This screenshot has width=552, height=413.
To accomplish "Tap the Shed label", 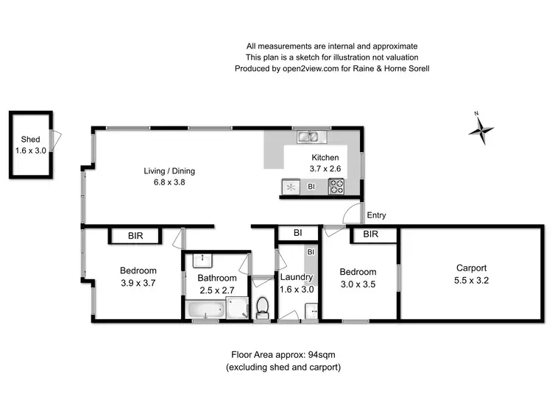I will tap(30, 140).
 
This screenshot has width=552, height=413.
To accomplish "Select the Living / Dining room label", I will tap(169, 171).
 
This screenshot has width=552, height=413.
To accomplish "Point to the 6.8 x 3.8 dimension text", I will tap(169, 183).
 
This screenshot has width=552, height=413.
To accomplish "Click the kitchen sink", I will tap(308, 136).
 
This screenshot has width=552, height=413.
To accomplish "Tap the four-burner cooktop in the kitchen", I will tap(336, 187).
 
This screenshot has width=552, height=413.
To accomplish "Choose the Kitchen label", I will tap(325, 157).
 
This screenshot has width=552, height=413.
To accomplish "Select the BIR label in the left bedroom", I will tap(135, 236).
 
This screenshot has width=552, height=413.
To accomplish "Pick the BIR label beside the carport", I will tap(370, 235).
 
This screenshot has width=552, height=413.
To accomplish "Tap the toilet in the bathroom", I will tap(263, 307).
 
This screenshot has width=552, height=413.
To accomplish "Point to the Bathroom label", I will tap(217, 278).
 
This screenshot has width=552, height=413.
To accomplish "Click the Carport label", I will tap(471, 268).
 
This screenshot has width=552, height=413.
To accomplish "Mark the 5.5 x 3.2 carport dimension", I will tap(471, 280).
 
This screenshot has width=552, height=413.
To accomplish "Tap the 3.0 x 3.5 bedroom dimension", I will tap(358, 283).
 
